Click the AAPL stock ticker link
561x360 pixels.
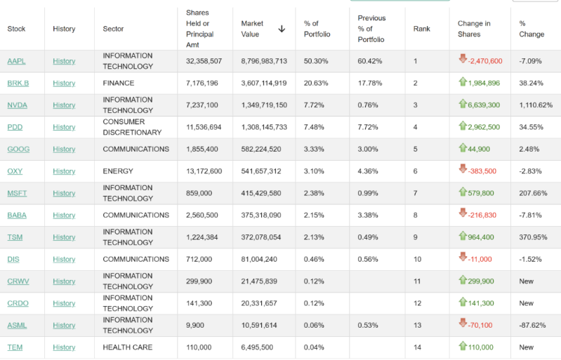tap(16, 61)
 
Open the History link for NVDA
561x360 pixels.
tap(64, 105)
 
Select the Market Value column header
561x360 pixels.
tap(252, 29)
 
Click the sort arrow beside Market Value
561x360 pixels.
tap(282, 29)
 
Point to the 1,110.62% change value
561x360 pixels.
tap(536, 105)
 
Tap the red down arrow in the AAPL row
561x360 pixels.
tap(463, 60)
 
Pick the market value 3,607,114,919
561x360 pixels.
tap(264, 83)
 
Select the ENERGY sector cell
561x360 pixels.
tap(119, 171)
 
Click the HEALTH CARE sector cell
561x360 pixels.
tap(128, 347)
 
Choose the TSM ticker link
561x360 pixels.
tap(15, 237)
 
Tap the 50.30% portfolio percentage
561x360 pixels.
tap(316, 61)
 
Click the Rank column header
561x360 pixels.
tap(421, 29)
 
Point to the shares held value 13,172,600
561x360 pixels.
tap(204, 171)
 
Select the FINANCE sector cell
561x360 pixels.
tap(118, 83)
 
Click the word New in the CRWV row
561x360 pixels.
tap(527, 281)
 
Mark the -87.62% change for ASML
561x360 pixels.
tap(532, 326)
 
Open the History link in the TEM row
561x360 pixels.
tap(64, 347)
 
